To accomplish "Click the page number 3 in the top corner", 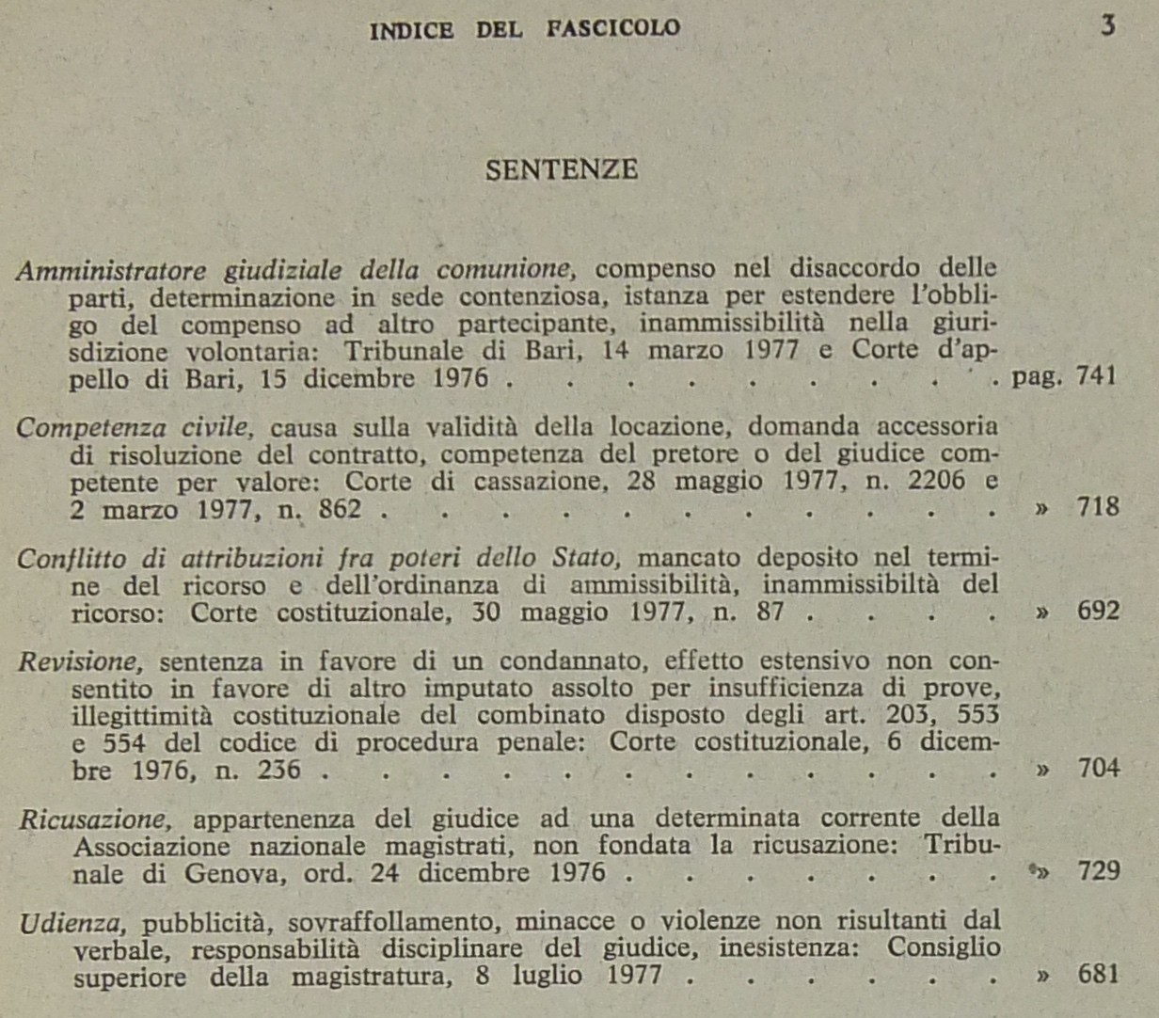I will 1107,25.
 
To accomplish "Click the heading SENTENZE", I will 562,169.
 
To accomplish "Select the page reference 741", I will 1096,376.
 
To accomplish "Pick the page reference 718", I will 1098,507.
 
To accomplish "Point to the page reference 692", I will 1098,612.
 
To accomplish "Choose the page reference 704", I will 1098,769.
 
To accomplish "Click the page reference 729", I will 1098,871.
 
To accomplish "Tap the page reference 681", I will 1098,974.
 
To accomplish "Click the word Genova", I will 235,873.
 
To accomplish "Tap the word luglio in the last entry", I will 547,975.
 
